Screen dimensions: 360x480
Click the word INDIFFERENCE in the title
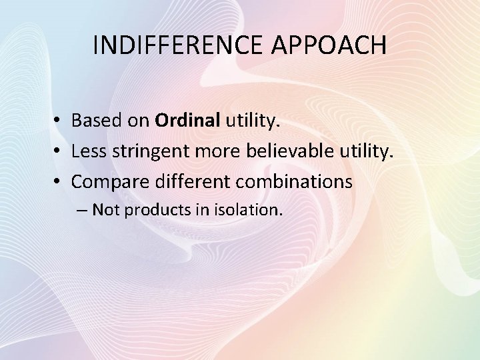(175, 45)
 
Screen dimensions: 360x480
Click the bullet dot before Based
(59, 121)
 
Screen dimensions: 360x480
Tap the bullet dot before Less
(59, 151)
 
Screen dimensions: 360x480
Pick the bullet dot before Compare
(59, 181)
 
